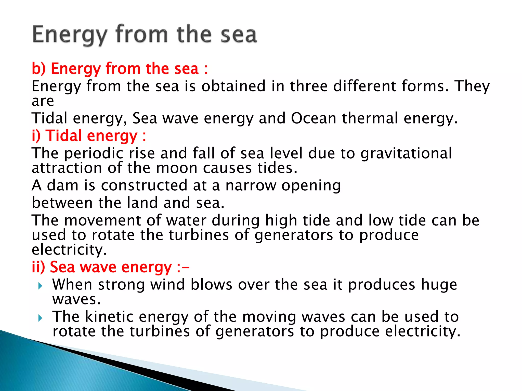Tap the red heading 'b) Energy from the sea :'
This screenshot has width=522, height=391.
click(x=120, y=69)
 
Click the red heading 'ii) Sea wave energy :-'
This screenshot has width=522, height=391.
click(x=111, y=267)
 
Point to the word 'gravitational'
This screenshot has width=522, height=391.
click(x=406, y=153)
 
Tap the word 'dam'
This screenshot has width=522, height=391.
click(x=63, y=185)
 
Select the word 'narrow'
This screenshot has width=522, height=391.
click(x=251, y=185)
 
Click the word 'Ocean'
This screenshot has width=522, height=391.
click(x=314, y=118)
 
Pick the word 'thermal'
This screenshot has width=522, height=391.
click(x=370, y=118)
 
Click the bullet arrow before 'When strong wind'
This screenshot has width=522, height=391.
click(x=40, y=286)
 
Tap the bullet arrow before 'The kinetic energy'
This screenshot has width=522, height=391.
click(x=40, y=318)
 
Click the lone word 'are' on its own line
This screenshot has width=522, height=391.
click(x=43, y=101)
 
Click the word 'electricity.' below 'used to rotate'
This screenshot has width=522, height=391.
click(x=69, y=250)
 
